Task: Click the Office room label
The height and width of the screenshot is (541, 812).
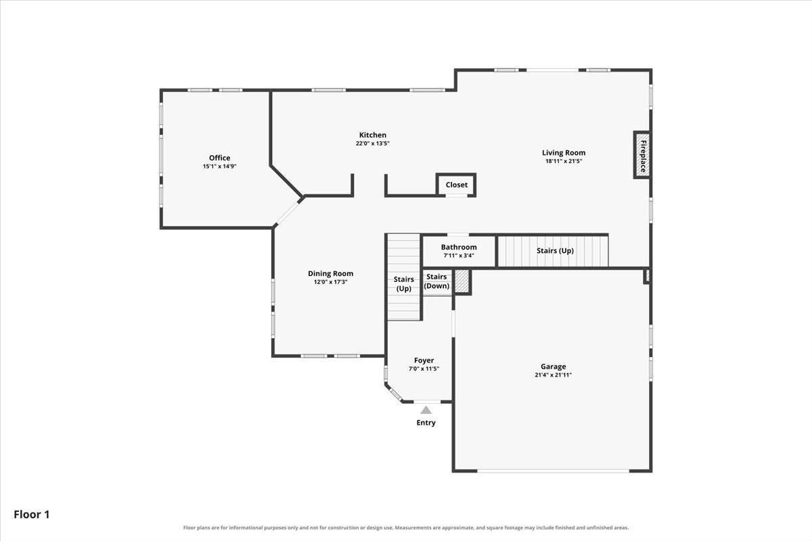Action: pos(219,158)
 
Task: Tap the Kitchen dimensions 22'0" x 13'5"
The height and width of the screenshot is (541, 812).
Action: pos(373,143)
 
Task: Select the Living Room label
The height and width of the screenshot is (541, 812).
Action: pos(564,153)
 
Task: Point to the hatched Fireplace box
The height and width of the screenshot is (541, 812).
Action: pos(642,155)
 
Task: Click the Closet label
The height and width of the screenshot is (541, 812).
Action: pos(456,185)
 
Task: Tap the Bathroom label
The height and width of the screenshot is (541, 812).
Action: pos(459,247)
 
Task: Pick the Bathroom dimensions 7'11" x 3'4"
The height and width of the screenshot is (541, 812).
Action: pos(459,256)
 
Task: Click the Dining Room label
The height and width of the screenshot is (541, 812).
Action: pos(330,274)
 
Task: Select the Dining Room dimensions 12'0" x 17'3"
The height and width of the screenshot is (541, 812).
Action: pos(330,282)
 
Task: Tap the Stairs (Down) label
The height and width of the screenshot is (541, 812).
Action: pos(436,281)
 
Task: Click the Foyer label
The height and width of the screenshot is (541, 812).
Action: pos(424,360)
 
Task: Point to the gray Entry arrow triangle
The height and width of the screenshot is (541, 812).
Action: pos(426,410)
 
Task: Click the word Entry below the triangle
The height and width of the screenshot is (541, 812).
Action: pos(426,423)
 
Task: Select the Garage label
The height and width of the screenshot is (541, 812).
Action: pos(554,367)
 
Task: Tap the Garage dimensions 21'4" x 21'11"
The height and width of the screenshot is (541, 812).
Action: pos(554,375)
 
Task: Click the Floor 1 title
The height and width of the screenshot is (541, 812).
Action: pos(32,515)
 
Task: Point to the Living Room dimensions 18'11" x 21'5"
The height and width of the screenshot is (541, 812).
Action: pos(564,161)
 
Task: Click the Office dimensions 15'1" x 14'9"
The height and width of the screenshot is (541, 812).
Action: pos(219,166)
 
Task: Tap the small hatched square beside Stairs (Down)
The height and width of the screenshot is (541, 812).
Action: pos(462,281)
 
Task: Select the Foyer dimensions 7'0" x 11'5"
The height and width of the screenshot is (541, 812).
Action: pos(424,369)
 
